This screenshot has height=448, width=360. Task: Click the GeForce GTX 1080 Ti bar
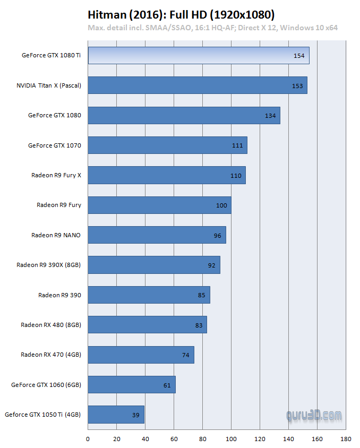click(x=198, y=55)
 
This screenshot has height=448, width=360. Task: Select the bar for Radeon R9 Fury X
click(x=166, y=175)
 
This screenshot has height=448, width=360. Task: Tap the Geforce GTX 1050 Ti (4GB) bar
click(x=116, y=415)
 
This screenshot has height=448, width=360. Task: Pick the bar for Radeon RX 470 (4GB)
click(x=141, y=355)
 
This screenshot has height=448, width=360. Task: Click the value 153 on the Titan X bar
click(x=297, y=85)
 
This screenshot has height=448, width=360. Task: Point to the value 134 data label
click(x=270, y=116)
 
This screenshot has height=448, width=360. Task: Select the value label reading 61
click(x=167, y=385)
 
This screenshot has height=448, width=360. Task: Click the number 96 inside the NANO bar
click(x=217, y=235)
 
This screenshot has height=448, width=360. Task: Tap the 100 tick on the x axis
click(x=232, y=439)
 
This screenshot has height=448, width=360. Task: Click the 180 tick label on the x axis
click(x=346, y=439)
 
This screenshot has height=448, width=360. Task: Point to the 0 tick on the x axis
click(x=88, y=439)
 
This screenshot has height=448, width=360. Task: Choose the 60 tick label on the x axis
click(x=174, y=439)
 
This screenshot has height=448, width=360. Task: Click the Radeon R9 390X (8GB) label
click(x=48, y=265)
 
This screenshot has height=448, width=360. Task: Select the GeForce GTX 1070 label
click(x=55, y=145)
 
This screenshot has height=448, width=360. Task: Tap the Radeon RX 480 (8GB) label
click(x=51, y=325)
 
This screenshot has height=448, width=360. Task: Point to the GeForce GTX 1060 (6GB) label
click(x=46, y=385)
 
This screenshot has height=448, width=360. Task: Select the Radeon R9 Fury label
click(x=59, y=205)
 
